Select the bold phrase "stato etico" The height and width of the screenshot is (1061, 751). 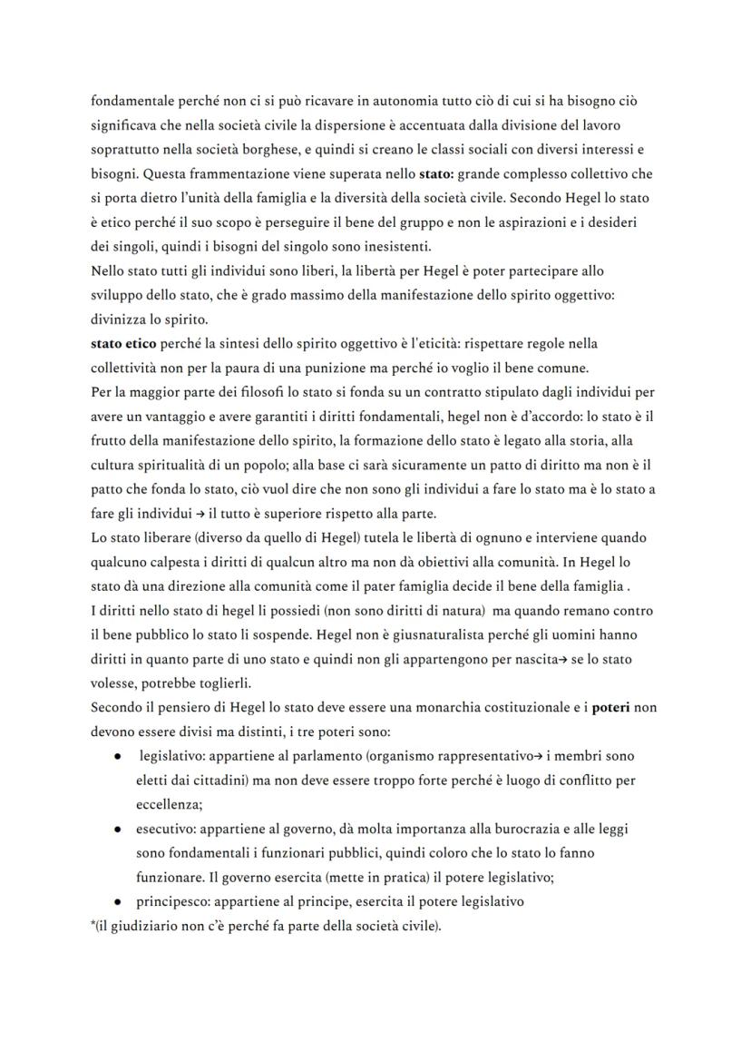[x=123, y=344]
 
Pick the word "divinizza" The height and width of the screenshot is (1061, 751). [x=121, y=319]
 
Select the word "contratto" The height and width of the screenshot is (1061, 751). [x=404, y=393]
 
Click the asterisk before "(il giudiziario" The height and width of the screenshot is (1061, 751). [x=93, y=927]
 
